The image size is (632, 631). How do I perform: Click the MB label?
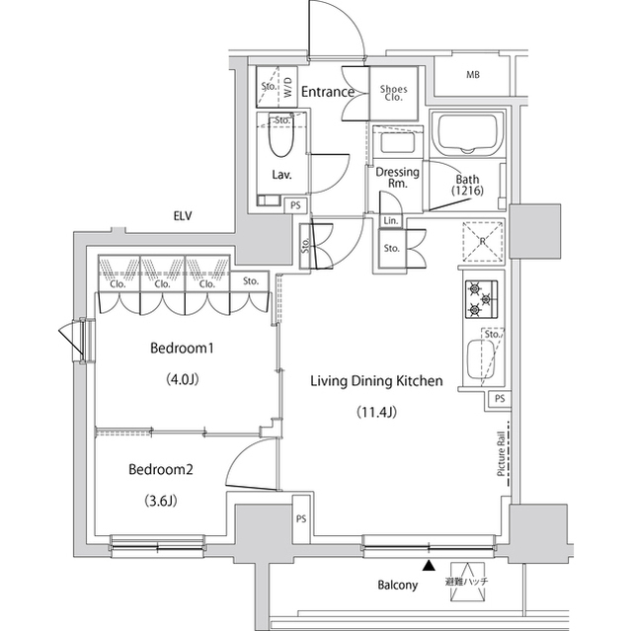click(473, 75)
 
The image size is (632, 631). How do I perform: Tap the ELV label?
click(183, 216)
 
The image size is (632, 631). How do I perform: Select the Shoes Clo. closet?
click(394, 94)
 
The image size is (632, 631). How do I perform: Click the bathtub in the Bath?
click(467, 134)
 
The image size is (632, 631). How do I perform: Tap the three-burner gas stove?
click(481, 299)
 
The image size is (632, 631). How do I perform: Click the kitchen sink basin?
click(481, 359)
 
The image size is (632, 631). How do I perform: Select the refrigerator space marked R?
click(483, 241)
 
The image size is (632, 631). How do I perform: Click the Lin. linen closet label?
click(391, 221)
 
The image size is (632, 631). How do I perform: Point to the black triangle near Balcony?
click(430, 566)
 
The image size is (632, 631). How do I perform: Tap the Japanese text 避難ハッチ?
click(467, 582)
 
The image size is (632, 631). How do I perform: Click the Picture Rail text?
click(501, 454)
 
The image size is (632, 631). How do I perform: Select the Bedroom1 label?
click(182, 348)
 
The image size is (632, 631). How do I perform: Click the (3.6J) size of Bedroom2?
click(160, 501)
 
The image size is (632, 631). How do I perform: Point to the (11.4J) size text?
click(376, 412)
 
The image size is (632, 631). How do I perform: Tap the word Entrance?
click(328, 92)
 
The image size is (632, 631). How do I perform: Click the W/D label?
click(287, 88)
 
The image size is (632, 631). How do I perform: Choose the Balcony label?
click(397, 585)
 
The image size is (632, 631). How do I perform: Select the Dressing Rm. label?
click(397, 178)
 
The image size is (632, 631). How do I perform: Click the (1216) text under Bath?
click(467, 191)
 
